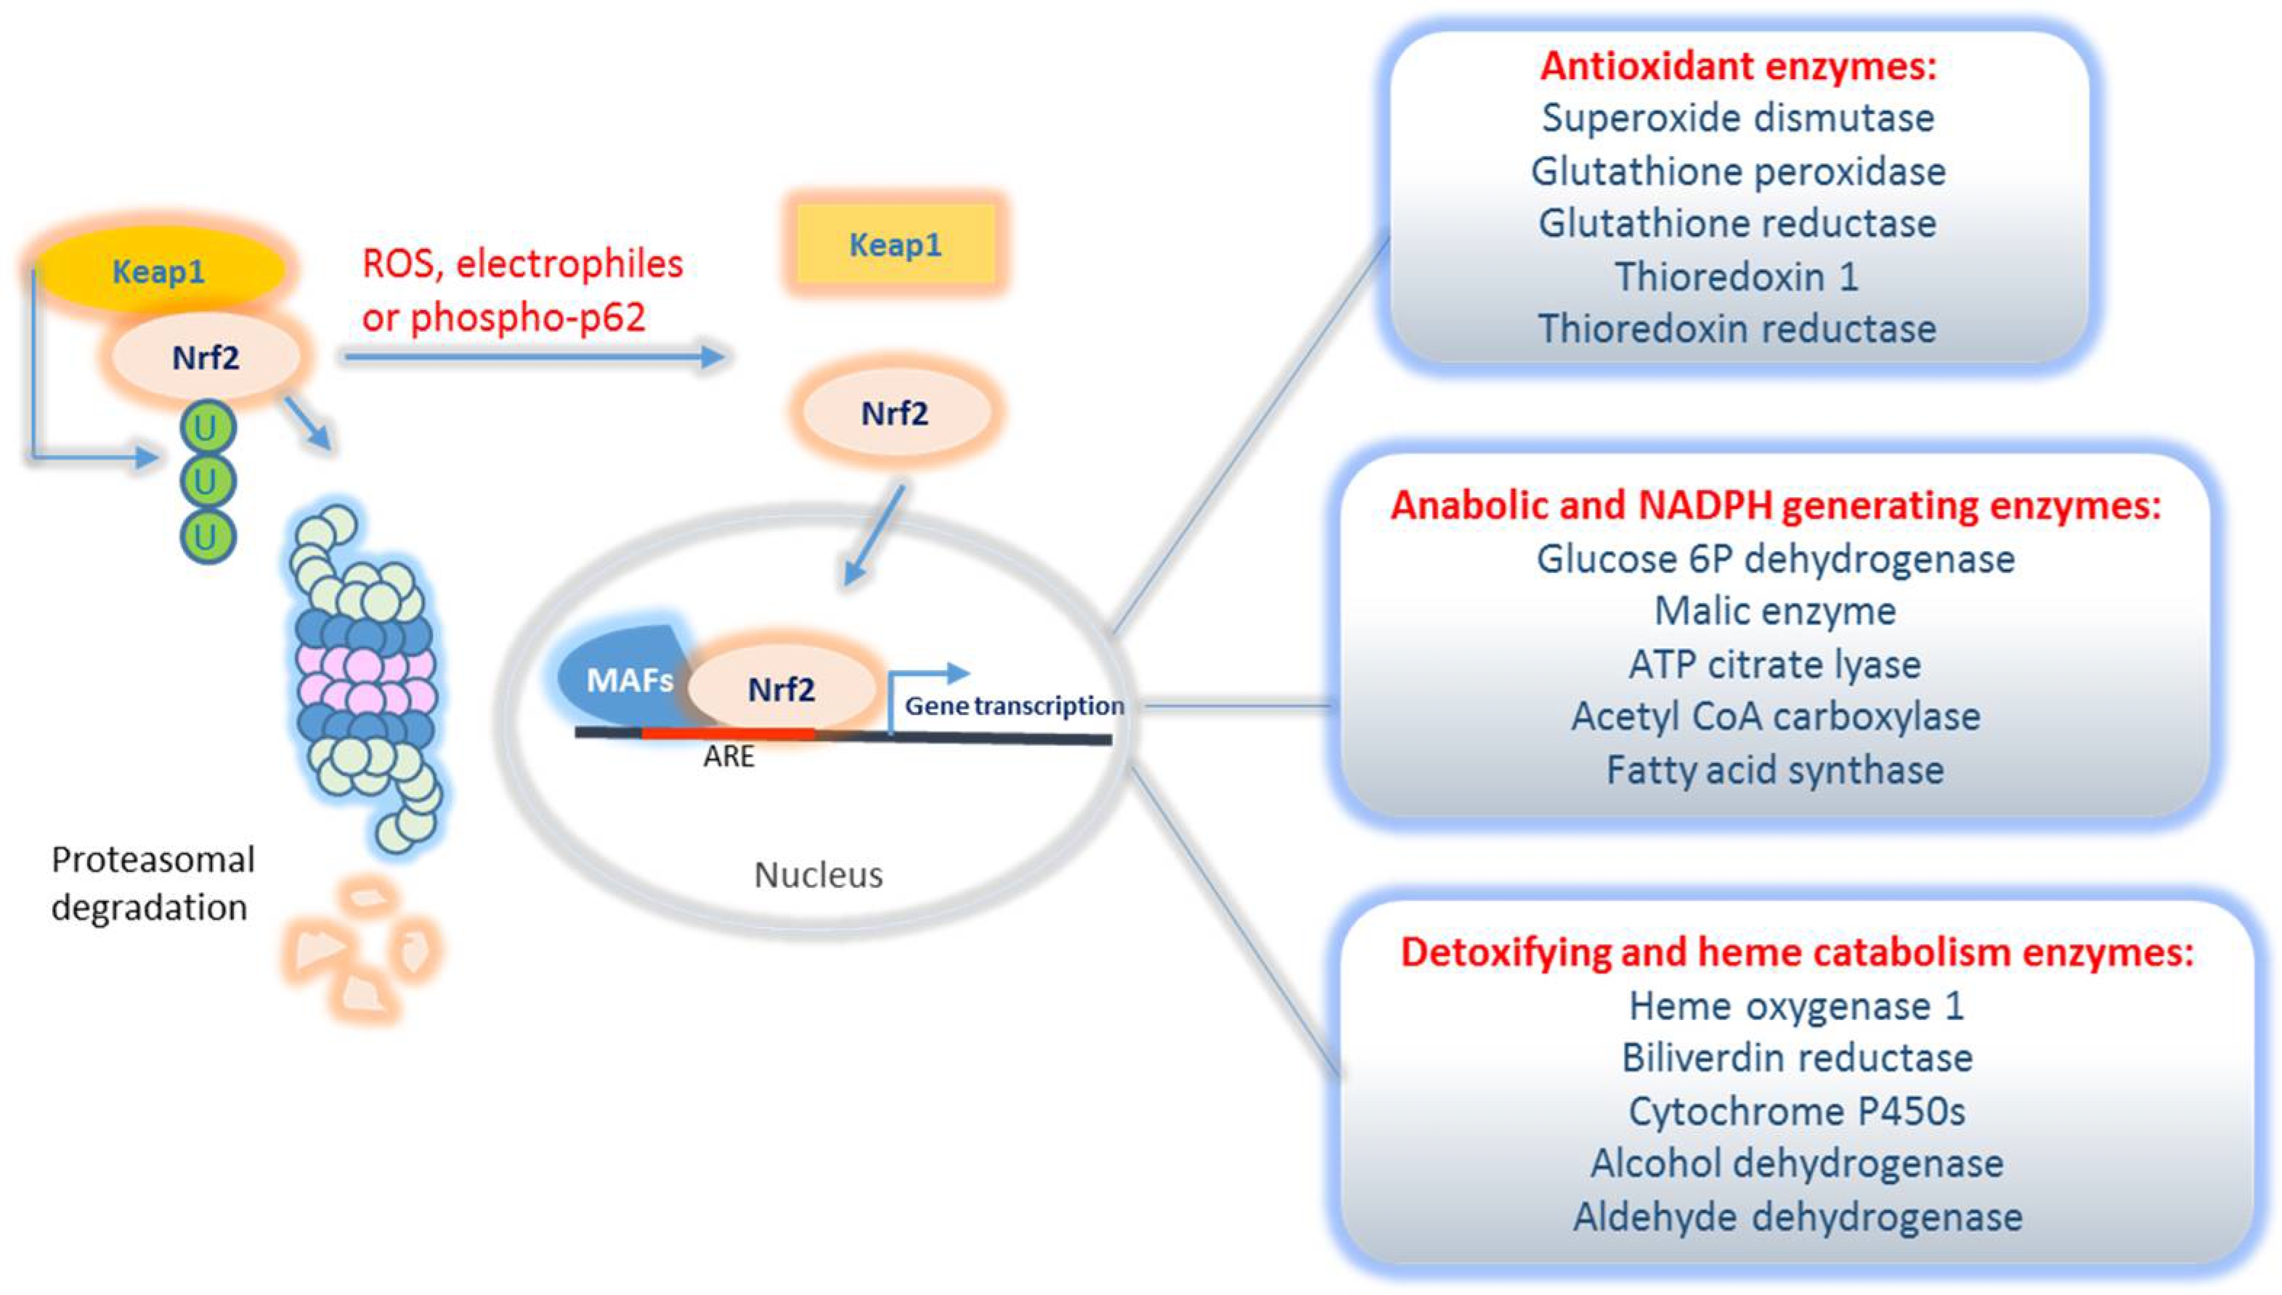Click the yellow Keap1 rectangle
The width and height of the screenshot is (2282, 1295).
pyautogui.click(x=895, y=244)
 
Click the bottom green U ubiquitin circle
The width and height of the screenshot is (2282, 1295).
pyautogui.click(x=206, y=537)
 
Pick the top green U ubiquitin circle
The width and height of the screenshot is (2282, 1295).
pyautogui.click(x=206, y=428)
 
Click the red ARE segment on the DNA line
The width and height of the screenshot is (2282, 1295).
pyautogui.click(x=728, y=733)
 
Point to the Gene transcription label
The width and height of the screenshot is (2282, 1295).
pyautogui.click(x=1014, y=706)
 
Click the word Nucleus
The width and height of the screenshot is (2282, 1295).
pyautogui.click(x=819, y=875)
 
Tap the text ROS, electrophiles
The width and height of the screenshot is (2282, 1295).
pyautogui.click(x=522, y=264)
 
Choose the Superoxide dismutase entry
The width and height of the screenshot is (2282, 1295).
pyautogui.click(x=1737, y=118)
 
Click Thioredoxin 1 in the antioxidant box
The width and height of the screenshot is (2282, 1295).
pyautogui.click(x=1737, y=277)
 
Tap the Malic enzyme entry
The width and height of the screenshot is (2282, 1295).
pyautogui.click(x=1775, y=611)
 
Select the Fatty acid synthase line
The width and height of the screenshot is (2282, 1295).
pyautogui.click(x=1775, y=770)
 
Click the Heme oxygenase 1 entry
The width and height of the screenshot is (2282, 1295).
pyautogui.click(x=1796, y=1006)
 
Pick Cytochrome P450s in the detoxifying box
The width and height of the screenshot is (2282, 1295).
pyautogui.click(x=1796, y=1111)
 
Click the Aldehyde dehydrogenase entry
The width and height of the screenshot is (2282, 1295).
pyautogui.click(x=1797, y=1217)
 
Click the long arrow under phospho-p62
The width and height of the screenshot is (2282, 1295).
pyautogui.click(x=534, y=356)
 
